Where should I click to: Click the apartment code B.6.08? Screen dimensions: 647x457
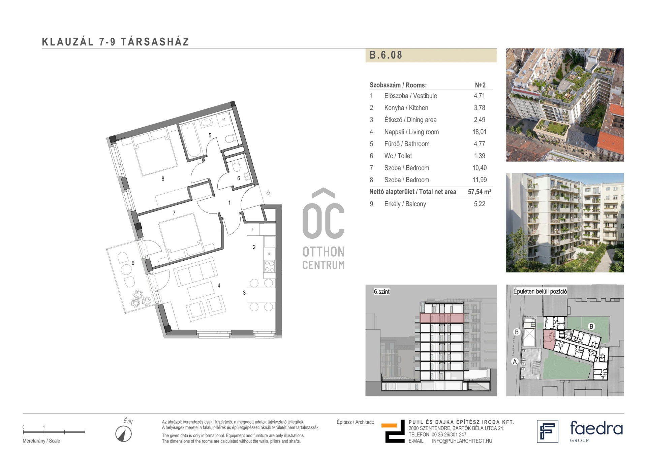[x=386, y=55]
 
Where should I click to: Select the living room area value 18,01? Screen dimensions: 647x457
[x=479, y=132]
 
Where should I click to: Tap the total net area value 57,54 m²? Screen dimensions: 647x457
[x=480, y=192]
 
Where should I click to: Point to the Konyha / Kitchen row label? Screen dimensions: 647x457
[x=406, y=108]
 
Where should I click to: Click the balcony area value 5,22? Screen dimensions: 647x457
[x=480, y=204]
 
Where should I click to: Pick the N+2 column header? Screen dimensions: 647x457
[x=480, y=85]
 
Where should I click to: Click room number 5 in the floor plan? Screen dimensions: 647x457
[x=210, y=135]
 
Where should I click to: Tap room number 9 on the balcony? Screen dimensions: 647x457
[x=133, y=263]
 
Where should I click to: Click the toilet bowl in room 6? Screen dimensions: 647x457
[x=236, y=166]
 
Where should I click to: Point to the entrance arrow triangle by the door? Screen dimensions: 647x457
[x=269, y=193]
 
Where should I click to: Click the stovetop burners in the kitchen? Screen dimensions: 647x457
[x=269, y=266]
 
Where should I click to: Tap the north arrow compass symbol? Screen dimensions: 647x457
[x=124, y=434]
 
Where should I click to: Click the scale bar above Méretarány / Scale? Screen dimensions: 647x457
[x=54, y=432]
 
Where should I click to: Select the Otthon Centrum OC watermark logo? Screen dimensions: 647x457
[x=323, y=229]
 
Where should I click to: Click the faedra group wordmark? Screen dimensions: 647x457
[x=596, y=431]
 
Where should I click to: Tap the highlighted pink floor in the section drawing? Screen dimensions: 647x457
[x=442, y=318]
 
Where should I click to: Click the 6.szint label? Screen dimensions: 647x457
[x=381, y=292]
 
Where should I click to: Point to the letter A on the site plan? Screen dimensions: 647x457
[x=515, y=362]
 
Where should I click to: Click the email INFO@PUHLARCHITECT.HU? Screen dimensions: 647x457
[x=462, y=441]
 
